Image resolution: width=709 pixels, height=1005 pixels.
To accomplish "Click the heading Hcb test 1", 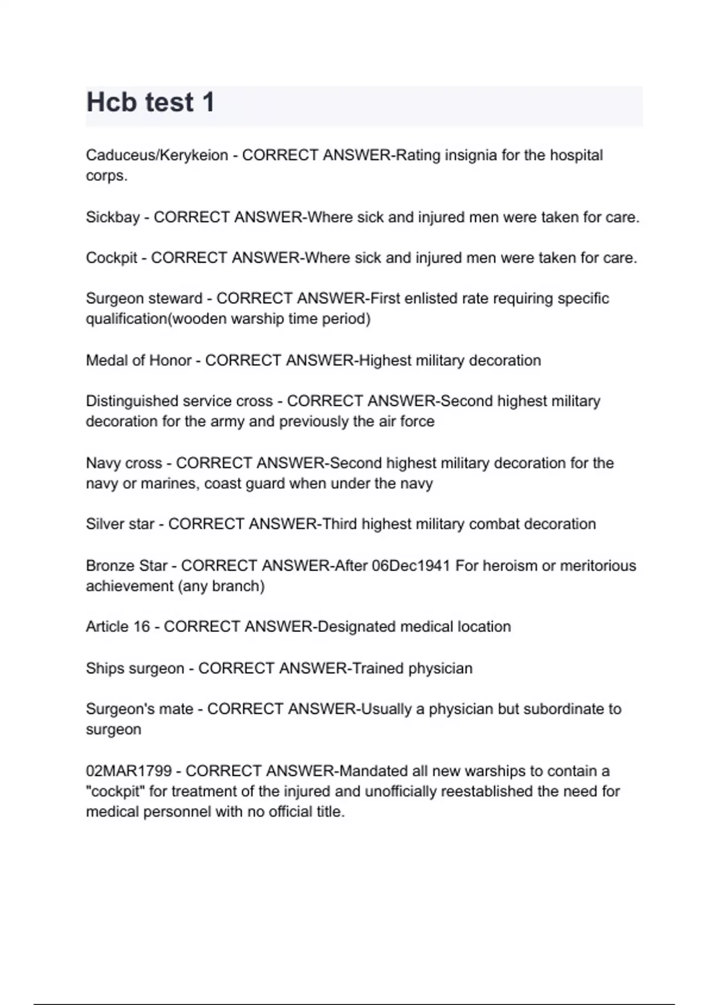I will pos(150,102).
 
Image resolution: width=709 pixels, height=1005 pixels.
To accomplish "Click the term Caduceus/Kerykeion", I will pos(157,155).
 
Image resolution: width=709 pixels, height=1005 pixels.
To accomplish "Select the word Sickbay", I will pos(112,218).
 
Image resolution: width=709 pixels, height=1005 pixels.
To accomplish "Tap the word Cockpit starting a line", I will pos(111,258).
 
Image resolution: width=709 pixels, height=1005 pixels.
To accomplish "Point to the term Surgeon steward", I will pos(144,299).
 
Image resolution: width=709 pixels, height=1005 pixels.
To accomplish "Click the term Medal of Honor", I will pos(138,361).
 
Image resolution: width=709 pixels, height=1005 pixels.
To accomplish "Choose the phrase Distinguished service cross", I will pos(179,401).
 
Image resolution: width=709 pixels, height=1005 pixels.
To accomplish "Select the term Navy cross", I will pos(123,463).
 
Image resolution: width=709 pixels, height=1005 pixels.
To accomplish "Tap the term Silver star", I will pos(119,524).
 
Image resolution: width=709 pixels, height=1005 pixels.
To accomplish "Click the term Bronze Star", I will pos(126,566).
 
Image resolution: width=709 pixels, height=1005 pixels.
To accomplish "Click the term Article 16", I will pos(118,627).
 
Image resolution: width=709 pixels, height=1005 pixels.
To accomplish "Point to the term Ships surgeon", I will pos(135,669).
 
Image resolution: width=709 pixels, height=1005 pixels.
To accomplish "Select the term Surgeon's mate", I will pos(139,709).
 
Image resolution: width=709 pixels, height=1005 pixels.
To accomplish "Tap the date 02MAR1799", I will pos(129,771).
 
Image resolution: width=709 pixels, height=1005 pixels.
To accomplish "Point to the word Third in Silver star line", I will pos(339,524).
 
